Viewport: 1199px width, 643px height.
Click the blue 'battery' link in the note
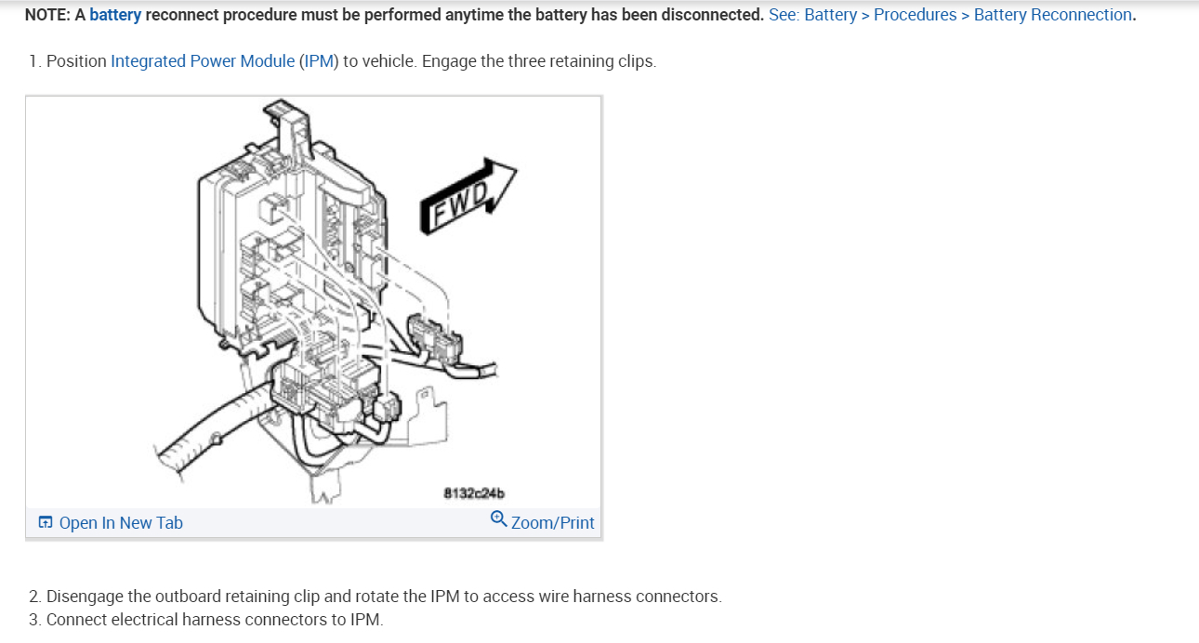115,15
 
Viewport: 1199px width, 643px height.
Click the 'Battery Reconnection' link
1052,15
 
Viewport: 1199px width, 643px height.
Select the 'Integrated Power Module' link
202,61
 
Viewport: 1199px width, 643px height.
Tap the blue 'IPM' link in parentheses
317,61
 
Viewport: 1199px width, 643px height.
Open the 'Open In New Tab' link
121,523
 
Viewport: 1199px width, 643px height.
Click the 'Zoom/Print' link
552,523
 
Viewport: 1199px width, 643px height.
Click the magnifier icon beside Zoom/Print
498,519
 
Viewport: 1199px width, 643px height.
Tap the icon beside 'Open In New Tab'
46,523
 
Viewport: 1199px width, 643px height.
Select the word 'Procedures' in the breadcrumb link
915,15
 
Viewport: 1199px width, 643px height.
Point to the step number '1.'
34,61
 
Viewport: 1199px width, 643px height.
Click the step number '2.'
34,597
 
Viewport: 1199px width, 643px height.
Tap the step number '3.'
34,620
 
